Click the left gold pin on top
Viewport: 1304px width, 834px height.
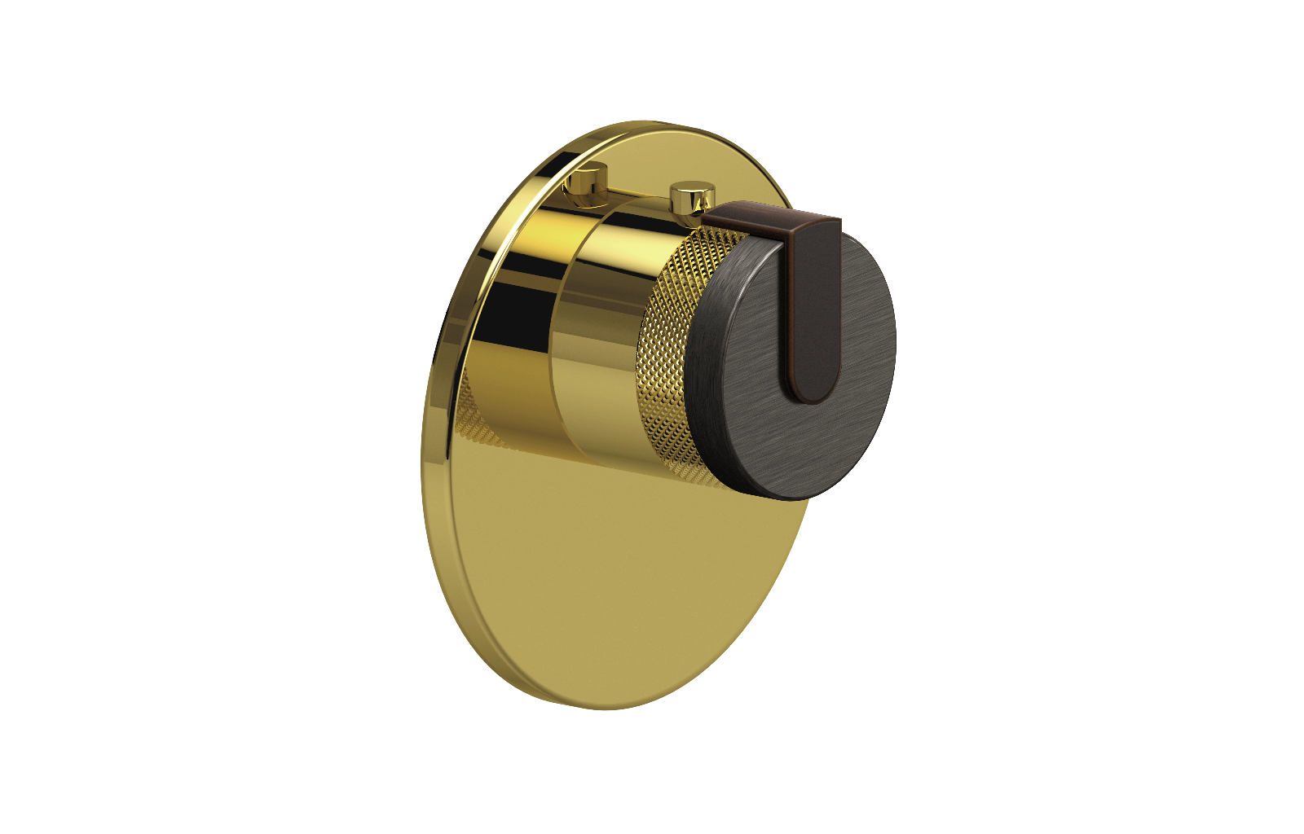click(588, 184)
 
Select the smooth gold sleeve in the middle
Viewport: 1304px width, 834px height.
click(599, 342)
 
